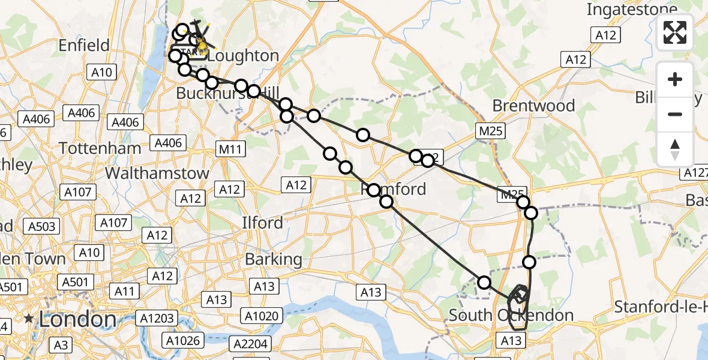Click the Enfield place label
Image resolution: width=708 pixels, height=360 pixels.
(84, 46)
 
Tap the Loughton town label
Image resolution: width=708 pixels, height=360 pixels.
(244, 56)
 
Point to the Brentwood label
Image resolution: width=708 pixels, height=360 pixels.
(533, 106)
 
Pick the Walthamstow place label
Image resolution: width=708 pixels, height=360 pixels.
(157, 173)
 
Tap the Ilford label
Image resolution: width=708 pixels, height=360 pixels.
(263, 223)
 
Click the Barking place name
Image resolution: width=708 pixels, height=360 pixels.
(274, 260)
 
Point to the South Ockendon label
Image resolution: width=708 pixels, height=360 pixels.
(511, 316)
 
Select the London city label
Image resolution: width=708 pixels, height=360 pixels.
(77, 319)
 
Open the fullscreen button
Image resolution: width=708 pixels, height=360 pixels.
(675, 32)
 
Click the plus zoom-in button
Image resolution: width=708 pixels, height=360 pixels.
(675, 79)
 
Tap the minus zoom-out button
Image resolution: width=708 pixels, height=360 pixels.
(675, 114)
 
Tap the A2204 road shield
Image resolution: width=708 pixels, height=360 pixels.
(251, 344)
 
